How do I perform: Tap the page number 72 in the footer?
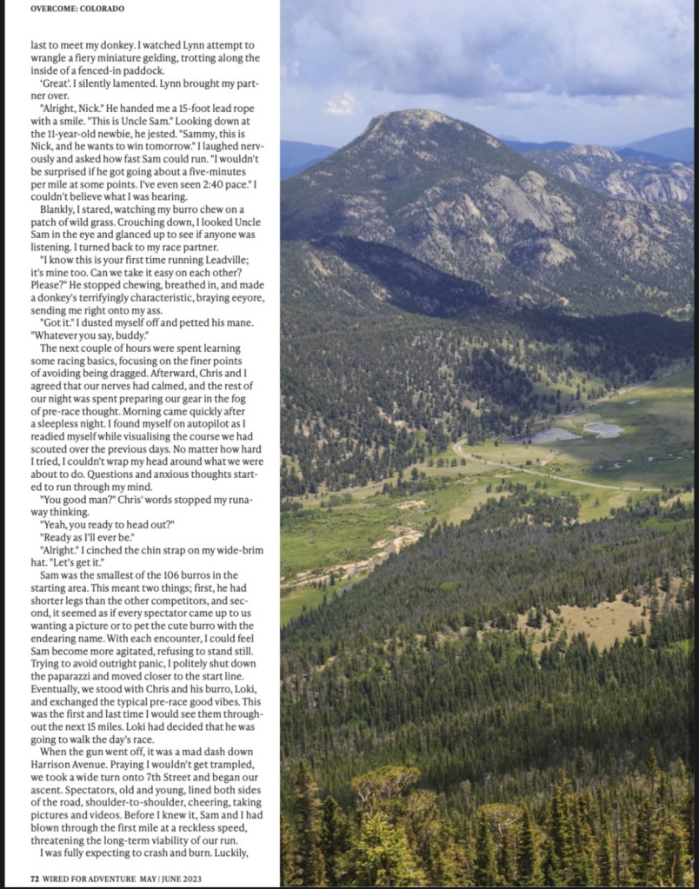tap(35, 875)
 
